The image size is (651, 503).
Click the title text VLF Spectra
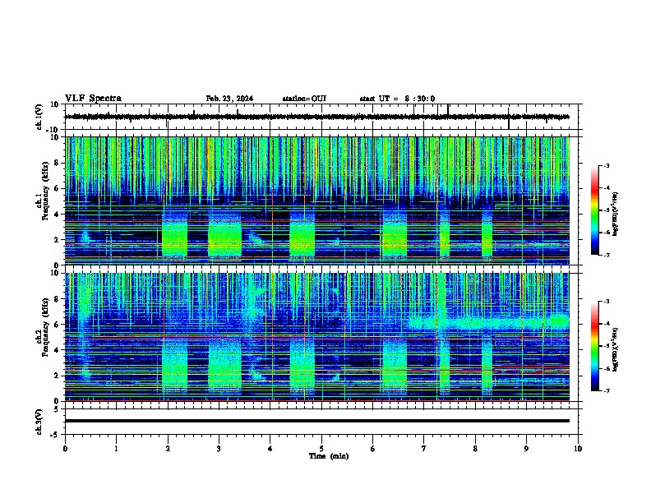(93, 99)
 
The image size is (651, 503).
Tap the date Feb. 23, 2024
(229, 99)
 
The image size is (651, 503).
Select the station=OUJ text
(304, 99)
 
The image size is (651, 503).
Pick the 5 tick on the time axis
(321, 448)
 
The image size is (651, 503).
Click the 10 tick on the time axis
(578, 448)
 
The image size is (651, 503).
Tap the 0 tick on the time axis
(65, 448)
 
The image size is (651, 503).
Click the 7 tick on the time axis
(424, 448)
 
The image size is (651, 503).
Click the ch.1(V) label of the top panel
(39, 117)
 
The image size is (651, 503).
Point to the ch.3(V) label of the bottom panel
(39, 420)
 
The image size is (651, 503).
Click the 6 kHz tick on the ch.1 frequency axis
(58, 188)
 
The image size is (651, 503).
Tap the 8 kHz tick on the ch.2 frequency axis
(58, 299)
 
